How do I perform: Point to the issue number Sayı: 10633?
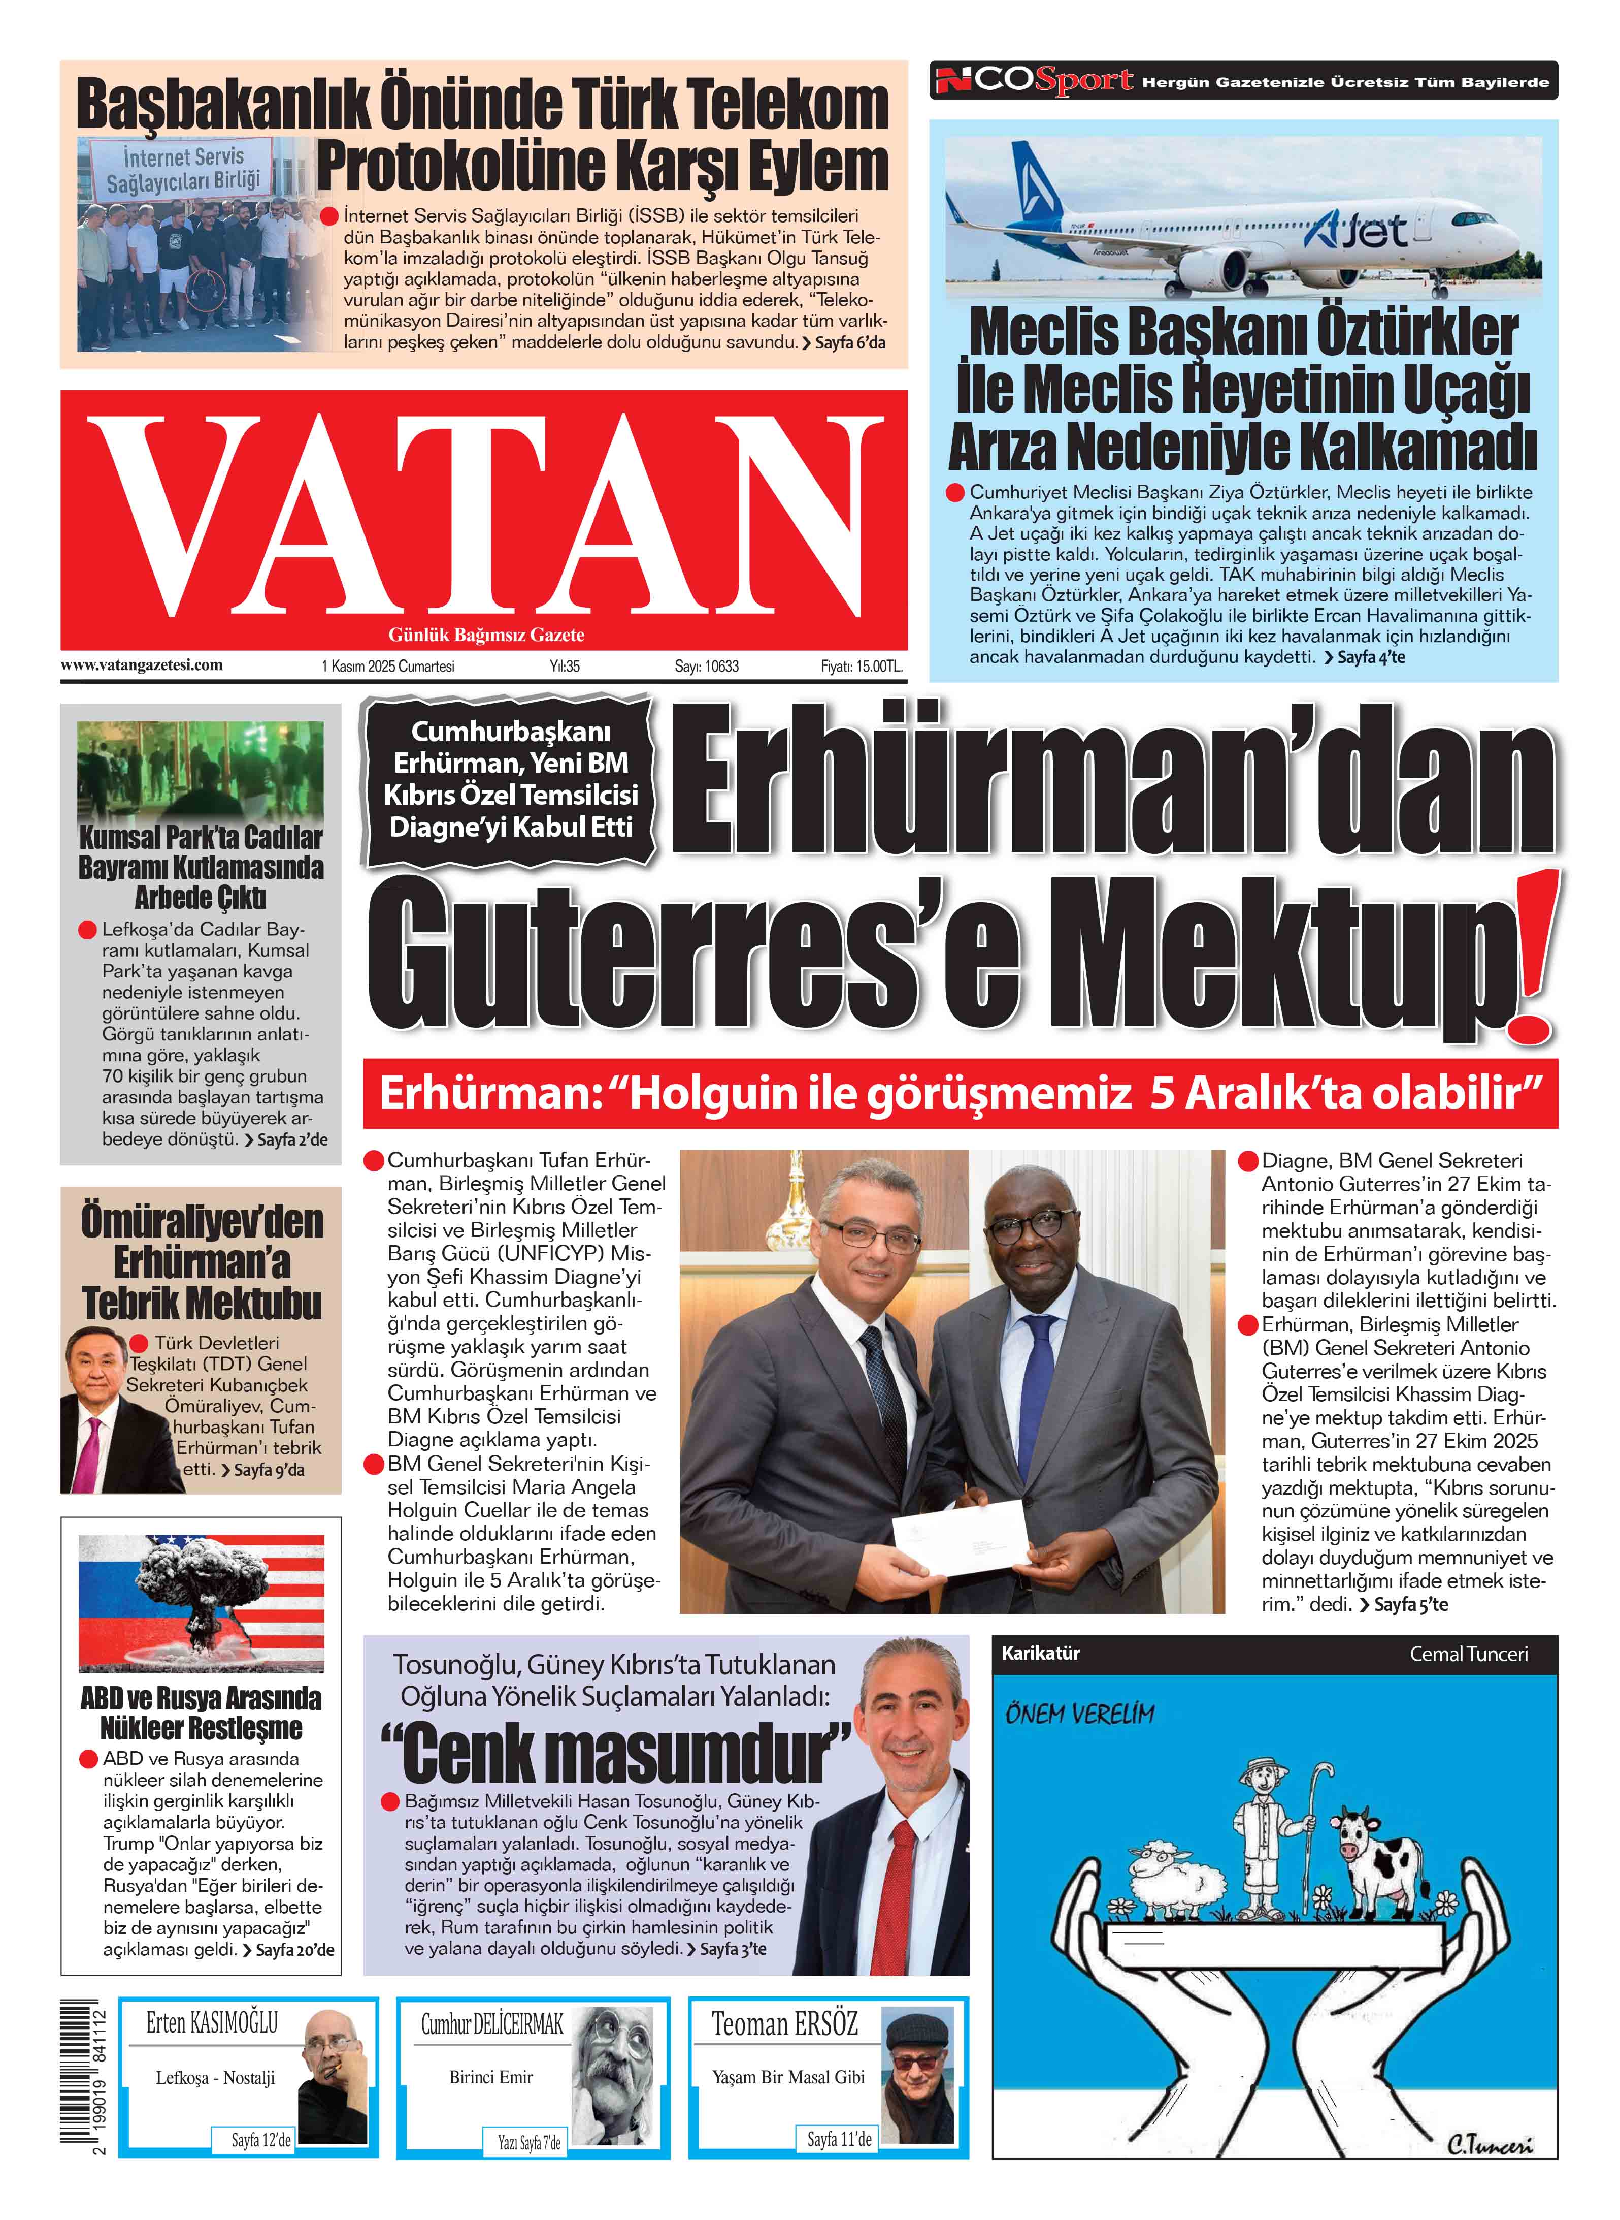pyautogui.click(x=706, y=666)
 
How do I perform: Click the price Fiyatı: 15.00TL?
pyautogui.click(x=861, y=666)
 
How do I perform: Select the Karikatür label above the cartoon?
pyautogui.click(x=1040, y=1653)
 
